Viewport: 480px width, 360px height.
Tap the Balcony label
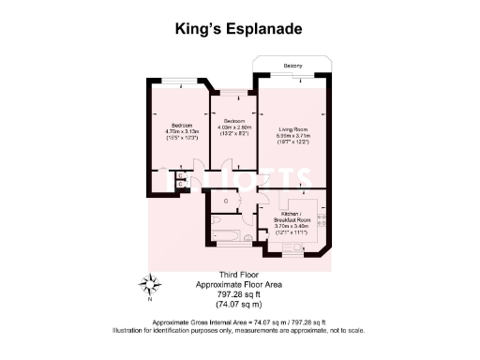tap(293, 65)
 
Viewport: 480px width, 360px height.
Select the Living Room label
tap(292, 130)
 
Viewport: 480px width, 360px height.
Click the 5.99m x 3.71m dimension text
tap(292, 137)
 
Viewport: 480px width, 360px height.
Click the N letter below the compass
tap(148, 301)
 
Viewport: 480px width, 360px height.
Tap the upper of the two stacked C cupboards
tap(180, 175)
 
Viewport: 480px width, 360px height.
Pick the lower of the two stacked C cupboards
tap(180, 185)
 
